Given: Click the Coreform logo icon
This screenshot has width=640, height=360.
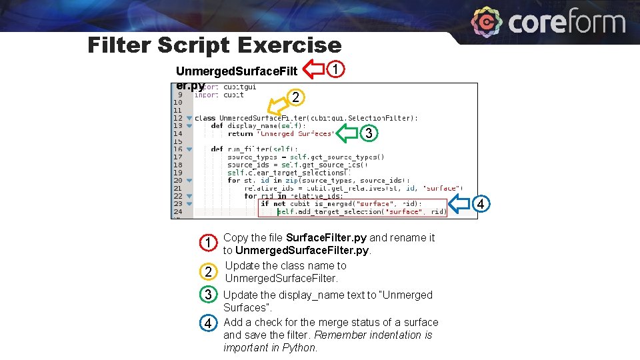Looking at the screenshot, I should point(487,23).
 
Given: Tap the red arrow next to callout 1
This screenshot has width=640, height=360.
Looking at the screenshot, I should point(313,69).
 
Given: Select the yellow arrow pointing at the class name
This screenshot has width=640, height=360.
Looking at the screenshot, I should point(278,106).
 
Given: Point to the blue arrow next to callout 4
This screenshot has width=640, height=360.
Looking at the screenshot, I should point(465,202).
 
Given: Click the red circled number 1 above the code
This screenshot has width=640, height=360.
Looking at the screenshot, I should point(337,69).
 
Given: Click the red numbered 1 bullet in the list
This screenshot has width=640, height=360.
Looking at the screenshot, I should point(209,243).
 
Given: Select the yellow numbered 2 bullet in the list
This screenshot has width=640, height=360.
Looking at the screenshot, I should point(209,271).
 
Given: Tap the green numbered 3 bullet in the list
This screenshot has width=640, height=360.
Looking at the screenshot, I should point(209,295).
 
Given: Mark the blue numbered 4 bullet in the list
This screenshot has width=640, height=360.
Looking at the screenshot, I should point(209,323).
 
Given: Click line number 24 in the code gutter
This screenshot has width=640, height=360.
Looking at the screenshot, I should point(178,212).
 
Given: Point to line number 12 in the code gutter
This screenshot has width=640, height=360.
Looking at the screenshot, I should point(178,118).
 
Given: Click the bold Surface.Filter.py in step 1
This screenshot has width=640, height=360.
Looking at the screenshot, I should point(326,238).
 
